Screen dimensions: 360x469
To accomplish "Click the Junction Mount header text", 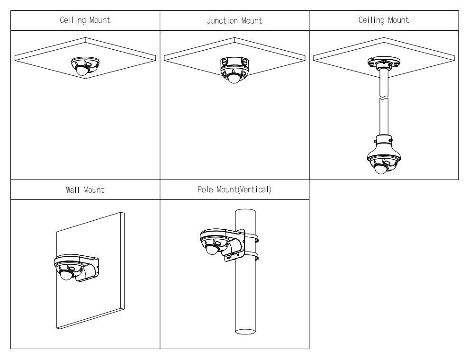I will point(234,20).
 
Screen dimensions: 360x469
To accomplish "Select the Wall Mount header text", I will point(85,190).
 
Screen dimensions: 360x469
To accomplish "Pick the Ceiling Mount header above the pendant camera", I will point(384,20).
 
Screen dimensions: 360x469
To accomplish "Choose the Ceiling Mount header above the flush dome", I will point(85,20).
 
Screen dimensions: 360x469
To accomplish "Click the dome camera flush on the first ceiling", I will point(84,65).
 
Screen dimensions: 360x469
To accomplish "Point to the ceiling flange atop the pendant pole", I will point(384,62).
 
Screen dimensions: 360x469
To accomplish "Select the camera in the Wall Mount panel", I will point(73,268).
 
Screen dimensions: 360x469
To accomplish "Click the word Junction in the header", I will point(225,20).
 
